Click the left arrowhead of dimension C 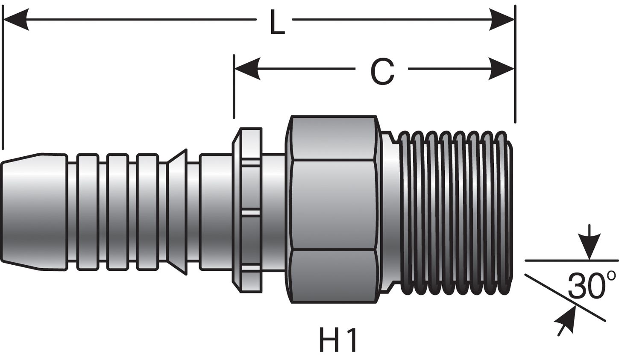pos(247,68)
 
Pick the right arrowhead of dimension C pos(502,68)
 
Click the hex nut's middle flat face pos(333,204)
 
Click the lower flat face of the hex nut pos(333,275)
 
